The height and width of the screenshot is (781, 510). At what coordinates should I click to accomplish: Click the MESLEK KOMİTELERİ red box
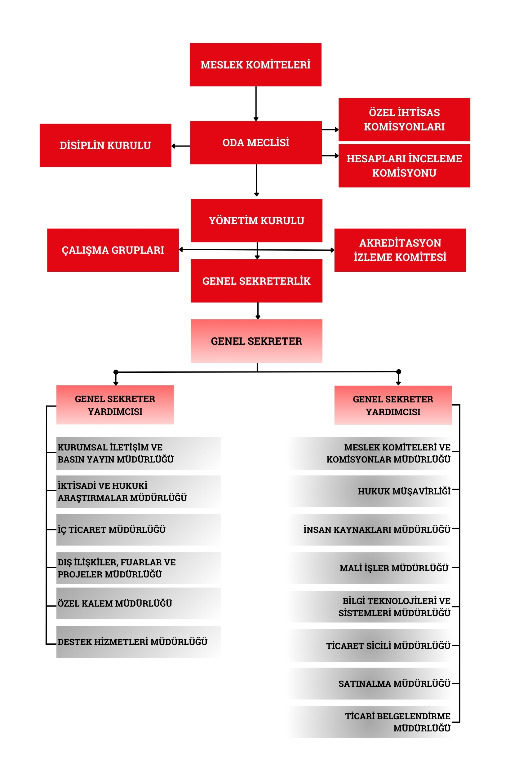(255, 65)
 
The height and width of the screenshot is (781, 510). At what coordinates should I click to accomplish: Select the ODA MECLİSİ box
(255, 143)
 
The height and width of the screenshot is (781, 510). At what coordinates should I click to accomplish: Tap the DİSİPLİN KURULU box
(105, 145)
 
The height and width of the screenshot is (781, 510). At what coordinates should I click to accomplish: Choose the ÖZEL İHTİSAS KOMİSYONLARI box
(404, 120)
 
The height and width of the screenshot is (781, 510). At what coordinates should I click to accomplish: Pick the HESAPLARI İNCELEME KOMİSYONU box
(404, 166)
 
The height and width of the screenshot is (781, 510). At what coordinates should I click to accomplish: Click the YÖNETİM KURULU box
(256, 221)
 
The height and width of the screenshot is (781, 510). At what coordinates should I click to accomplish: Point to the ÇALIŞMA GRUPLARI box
(113, 250)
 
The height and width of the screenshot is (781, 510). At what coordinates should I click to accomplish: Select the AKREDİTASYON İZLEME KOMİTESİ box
(400, 250)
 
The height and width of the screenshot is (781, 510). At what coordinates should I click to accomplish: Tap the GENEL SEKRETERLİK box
(256, 281)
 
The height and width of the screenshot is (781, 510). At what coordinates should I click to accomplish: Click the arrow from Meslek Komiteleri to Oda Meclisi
(256, 103)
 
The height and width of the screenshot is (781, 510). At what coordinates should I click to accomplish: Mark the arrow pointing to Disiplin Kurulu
(181, 146)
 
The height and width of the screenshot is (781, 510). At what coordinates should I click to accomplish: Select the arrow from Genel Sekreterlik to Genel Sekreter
(258, 310)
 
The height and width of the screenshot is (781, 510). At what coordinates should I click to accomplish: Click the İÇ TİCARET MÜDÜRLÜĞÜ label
(112, 530)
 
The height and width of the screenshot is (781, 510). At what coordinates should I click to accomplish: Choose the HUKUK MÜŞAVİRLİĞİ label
(404, 491)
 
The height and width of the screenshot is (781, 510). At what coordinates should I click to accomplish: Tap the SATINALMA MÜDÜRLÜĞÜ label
(394, 683)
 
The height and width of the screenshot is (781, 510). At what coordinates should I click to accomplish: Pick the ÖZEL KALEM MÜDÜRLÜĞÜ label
(115, 603)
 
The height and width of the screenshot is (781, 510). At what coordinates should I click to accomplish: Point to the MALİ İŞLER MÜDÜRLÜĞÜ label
(393, 568)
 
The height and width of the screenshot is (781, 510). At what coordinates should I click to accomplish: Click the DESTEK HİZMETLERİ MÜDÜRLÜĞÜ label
(132, 642)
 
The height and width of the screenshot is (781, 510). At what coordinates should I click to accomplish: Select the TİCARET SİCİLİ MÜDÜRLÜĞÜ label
(388, 646)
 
